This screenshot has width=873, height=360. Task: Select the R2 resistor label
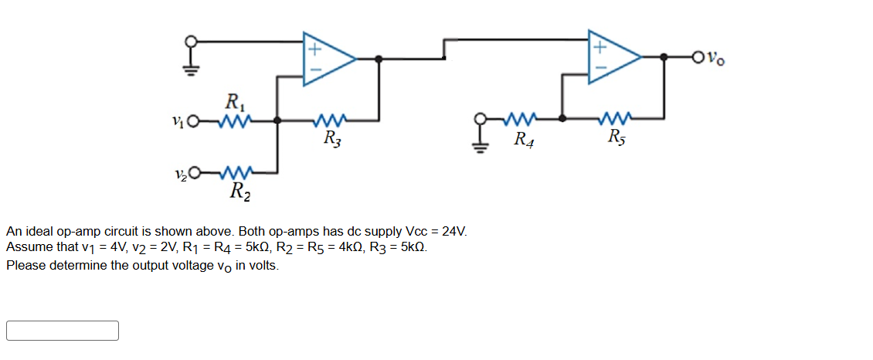[x=239, y=188]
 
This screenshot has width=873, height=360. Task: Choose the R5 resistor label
[x=617, y=139]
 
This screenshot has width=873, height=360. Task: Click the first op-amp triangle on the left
[x=327, y=57]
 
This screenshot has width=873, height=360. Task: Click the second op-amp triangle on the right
[x=613, y=57]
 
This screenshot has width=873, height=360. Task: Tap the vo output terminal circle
[x=699, y=56]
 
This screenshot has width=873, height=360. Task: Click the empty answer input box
[x=63, y=331]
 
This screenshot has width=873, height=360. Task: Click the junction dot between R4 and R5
[x=562, y=119]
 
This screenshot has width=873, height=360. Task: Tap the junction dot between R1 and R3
[x=277, y=121]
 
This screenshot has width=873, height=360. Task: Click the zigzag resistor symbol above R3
[x=331, y=120]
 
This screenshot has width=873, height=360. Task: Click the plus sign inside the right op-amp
[x=599, y=46]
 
